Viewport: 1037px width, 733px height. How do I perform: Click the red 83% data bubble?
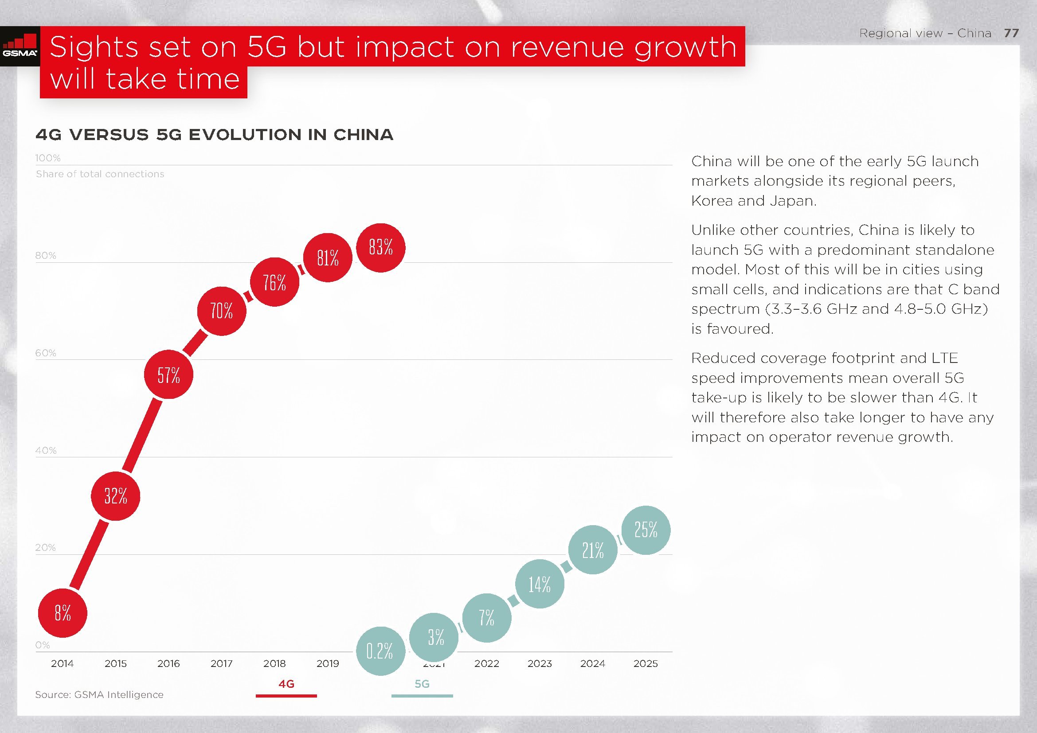point(381,248)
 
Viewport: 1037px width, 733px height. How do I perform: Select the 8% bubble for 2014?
point(63,613)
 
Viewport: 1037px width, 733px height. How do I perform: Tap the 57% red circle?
point(168,374)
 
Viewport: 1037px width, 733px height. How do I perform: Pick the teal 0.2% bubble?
point(380,651)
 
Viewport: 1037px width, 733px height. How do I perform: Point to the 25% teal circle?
point(646,530)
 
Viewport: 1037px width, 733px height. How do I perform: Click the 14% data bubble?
point(540,584)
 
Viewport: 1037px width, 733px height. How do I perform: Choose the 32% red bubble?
point(116,496)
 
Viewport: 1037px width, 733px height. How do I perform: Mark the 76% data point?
point(274,282)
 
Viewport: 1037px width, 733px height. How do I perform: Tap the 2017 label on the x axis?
point(221,663)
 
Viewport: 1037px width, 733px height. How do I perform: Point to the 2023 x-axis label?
point(540,663)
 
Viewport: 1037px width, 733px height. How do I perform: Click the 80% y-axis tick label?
point(46,255)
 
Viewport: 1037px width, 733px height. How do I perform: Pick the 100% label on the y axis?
point(48,158)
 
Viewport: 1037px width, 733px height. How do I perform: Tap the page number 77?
point(1011,33)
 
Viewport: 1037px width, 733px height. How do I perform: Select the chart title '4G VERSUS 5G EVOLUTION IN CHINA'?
point(215,135)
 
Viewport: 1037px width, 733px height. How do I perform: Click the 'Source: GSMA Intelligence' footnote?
point(99,694)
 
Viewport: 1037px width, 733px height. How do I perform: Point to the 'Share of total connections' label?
point(100,174)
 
